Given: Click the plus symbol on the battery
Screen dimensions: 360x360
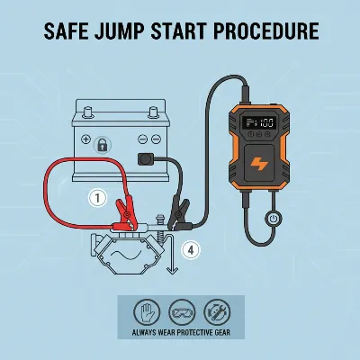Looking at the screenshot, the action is pyautogui.click(x=86, y=139).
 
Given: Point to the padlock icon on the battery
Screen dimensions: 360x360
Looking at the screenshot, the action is pyautogui.click(x=103, y=145).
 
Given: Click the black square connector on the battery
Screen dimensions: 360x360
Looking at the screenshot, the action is pyautogui.click(x=146, y=159).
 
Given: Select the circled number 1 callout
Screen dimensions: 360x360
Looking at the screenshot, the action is pyautogui.click(x=97, y=198).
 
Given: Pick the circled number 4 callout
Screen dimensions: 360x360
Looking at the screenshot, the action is pyautogui.click(x=191, y=250).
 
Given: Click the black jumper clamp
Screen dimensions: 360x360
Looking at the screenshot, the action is pyautogui.click(x=179, y=214).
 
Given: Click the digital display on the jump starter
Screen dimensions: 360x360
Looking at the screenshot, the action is pyautogui.click(x=258, y=122).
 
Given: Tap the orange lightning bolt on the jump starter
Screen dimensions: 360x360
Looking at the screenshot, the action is pyautogui.click(x=259, y=165).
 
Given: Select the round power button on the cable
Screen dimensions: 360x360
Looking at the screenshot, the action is pyautogui.click(x=273, y=219).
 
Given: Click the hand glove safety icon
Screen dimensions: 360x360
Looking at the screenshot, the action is pyautogui.click(x=147, y=312).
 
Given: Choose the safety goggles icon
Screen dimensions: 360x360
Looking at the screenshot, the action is pyautogui.click(x=182, y=312).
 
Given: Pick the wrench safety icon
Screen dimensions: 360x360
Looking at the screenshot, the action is pyautogui.click(x=217, y=312).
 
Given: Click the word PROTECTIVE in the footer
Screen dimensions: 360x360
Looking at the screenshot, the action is pyautogui.click(x=194, y=333).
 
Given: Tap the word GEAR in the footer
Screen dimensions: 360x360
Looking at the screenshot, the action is pyautogui.click(x=222, y=333).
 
